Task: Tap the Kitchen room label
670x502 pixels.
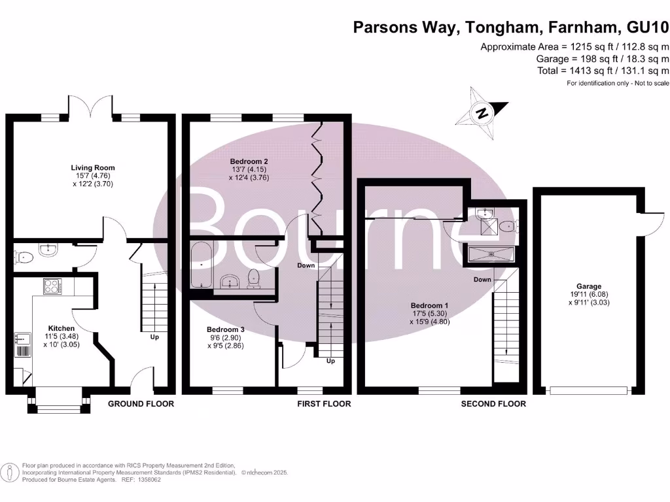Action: (x=61, y=328)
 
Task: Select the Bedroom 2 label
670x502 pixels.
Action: (x=249, y=161)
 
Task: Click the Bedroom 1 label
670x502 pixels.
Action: (x=429, y=305)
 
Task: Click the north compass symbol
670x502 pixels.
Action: (x=483, y=112)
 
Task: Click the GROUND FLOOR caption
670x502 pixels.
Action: (x=141, y=404)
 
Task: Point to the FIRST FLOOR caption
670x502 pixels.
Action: (x=324, y=404)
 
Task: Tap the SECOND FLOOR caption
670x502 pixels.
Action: (x=493, y=404)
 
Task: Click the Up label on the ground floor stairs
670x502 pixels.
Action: (x=154, y=337)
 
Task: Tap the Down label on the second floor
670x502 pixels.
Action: (x=483, y=279)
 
